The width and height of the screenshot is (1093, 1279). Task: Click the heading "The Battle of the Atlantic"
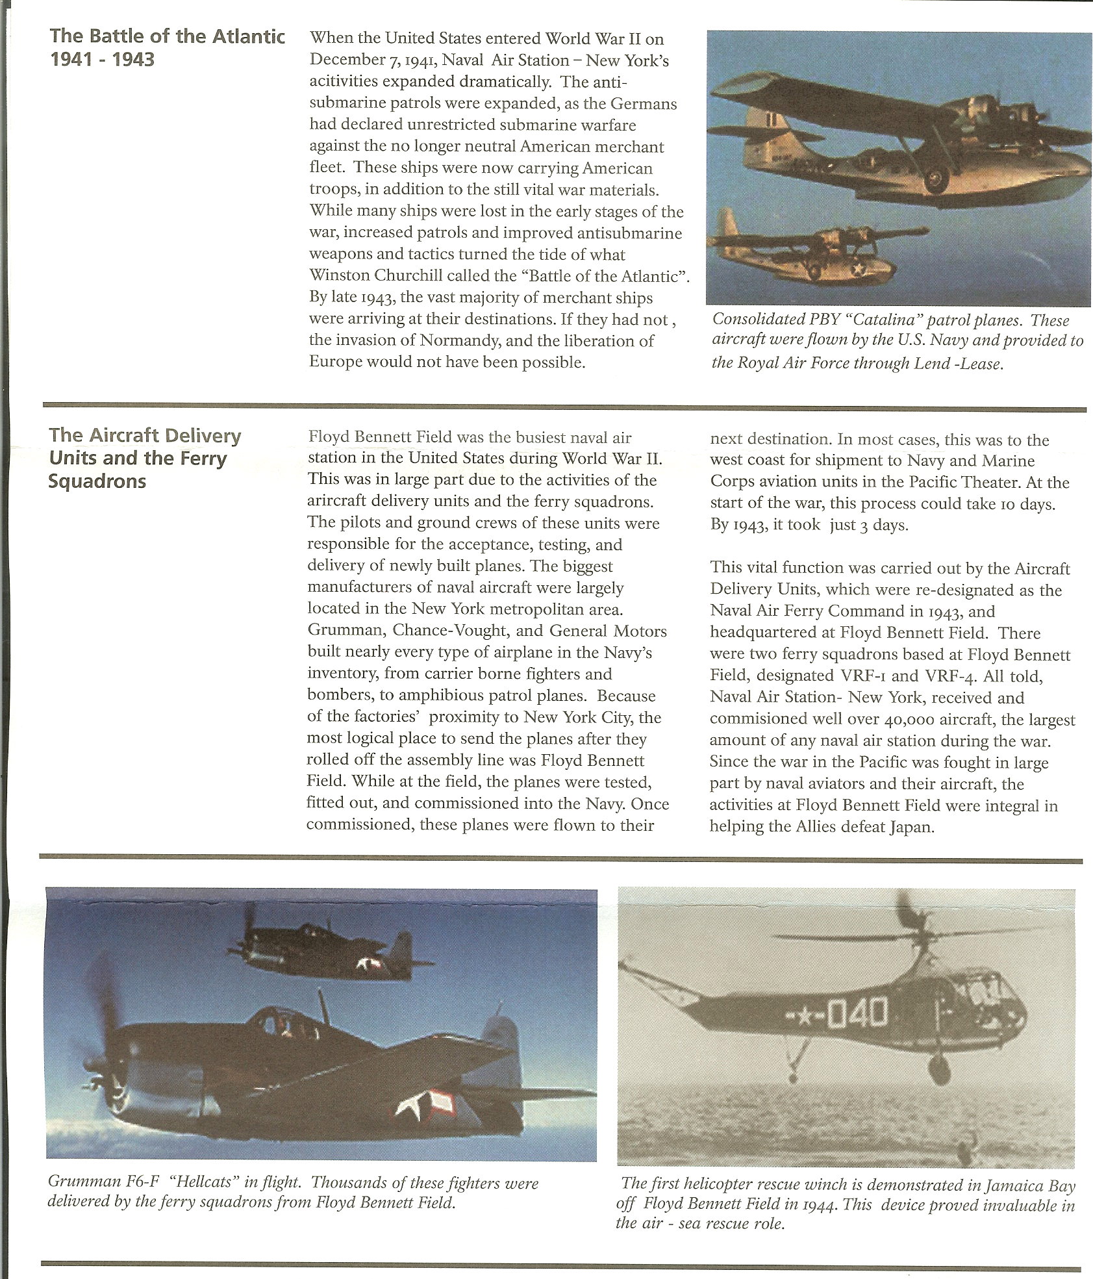(x=167, y=36)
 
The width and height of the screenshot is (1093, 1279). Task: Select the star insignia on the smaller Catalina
(x=858, y=268)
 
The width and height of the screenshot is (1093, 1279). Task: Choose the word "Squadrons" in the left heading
(x=97, y=481)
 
